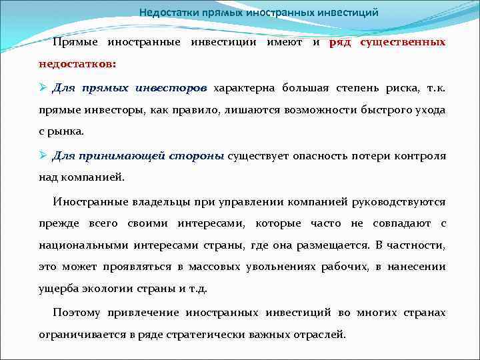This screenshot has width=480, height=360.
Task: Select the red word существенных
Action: (403, 42)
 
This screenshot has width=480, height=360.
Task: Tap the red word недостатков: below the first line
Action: (77, 65)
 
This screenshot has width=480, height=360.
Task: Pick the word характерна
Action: (245, 87)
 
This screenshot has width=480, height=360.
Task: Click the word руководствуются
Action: (401, 201)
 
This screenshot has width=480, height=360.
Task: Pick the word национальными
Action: (81, 245)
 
